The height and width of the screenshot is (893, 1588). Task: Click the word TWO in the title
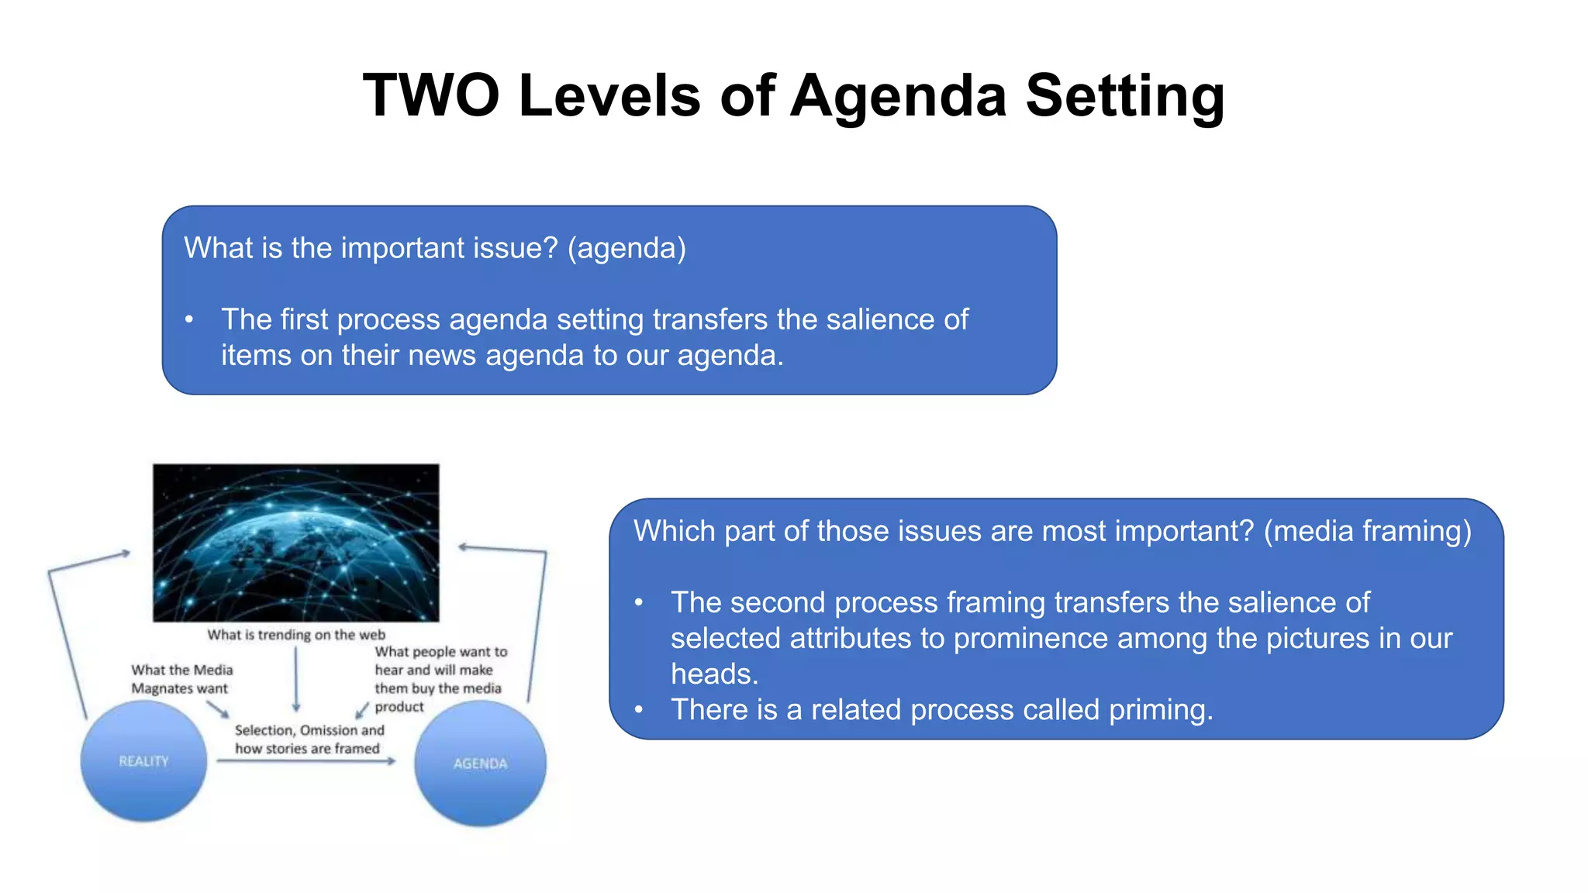point(431,95)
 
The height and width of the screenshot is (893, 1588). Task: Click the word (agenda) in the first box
point(627,248)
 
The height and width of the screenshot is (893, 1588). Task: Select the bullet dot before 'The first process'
point(188,319)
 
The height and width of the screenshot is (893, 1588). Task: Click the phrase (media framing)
point(1367,531)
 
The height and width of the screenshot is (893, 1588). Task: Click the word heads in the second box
point(711,674)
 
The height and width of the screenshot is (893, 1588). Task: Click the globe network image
point(295,543)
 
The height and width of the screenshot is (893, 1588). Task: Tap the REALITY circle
point(143,761)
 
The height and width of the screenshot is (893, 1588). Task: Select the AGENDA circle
point(480,764)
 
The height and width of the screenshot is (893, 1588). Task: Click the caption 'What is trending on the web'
point(295,635)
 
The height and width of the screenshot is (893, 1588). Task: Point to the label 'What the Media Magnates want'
point(181,679)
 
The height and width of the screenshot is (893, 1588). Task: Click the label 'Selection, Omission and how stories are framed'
point(309,740)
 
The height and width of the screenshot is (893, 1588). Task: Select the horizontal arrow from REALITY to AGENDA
point(306,761)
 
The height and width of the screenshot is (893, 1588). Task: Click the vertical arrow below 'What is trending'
point(296,679)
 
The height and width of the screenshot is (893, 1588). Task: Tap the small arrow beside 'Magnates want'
point(218,709)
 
